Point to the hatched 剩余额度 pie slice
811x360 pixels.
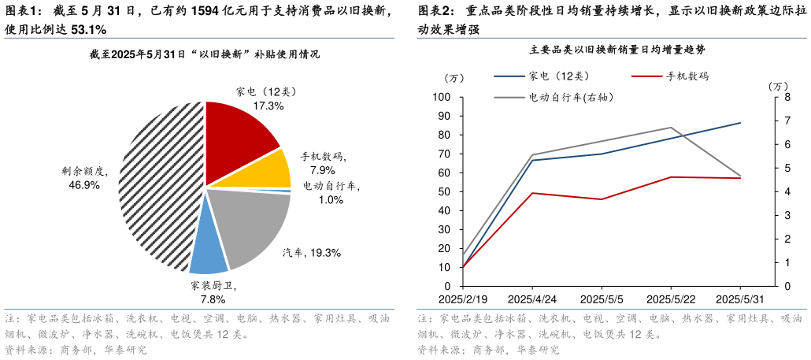pos(157,189)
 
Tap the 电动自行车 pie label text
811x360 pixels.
pos(331,187)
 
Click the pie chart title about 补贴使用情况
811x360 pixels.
pos(205,54)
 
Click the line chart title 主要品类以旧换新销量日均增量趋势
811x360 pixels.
pos(617,50)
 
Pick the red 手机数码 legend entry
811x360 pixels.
pos(669,76)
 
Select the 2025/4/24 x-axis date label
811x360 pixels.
pos(532,299)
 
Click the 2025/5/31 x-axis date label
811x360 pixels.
pos(740,299)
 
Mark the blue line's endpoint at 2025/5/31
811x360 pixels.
pos(740,123)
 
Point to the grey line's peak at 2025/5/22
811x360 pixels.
pos(671,128)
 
